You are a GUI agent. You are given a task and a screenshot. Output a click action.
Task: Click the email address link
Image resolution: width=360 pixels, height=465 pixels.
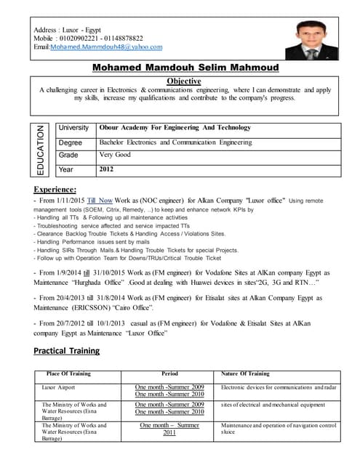pyautogui.click(x=106, y=46)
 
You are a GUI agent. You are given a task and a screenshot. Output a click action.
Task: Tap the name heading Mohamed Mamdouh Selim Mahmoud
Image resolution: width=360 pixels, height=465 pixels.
pyautogui.click(x=180, y=68)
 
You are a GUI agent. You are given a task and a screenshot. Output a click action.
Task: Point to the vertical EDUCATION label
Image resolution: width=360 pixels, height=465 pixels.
pyautogui.click(x=40, y=150)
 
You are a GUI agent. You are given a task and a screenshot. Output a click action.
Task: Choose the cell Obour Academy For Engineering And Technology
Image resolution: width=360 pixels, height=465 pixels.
pyautogui.click(x=175, y=128)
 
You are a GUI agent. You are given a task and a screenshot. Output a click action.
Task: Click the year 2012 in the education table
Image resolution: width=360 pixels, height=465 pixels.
pyautogui.click(x=107, y=169)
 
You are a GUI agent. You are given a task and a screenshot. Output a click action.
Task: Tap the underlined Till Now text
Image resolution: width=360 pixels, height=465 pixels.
pyautogui.click(x=100, y=198)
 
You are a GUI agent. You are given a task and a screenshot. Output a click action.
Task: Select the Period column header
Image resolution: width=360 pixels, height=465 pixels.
pyautogui.click(x=169, y=373)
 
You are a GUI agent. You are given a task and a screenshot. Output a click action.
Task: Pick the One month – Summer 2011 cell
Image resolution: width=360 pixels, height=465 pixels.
pyautogui.click(x=169, y=429)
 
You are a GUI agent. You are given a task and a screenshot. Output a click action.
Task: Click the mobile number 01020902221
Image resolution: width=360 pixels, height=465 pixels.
pyautogui.click(x=79, y=38)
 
